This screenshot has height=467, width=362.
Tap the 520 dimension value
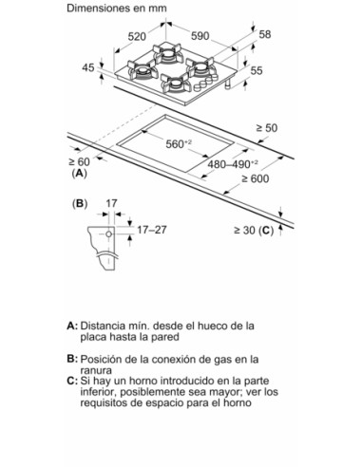pyautogui.click(x=138, y=37)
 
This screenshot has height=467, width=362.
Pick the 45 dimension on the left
pyautogui.click(x=87, y=68)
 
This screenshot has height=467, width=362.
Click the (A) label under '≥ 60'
pyautogui.click(x=79, y=174)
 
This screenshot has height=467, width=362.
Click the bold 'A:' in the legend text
pyautogui.click(x=72, y=326)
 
